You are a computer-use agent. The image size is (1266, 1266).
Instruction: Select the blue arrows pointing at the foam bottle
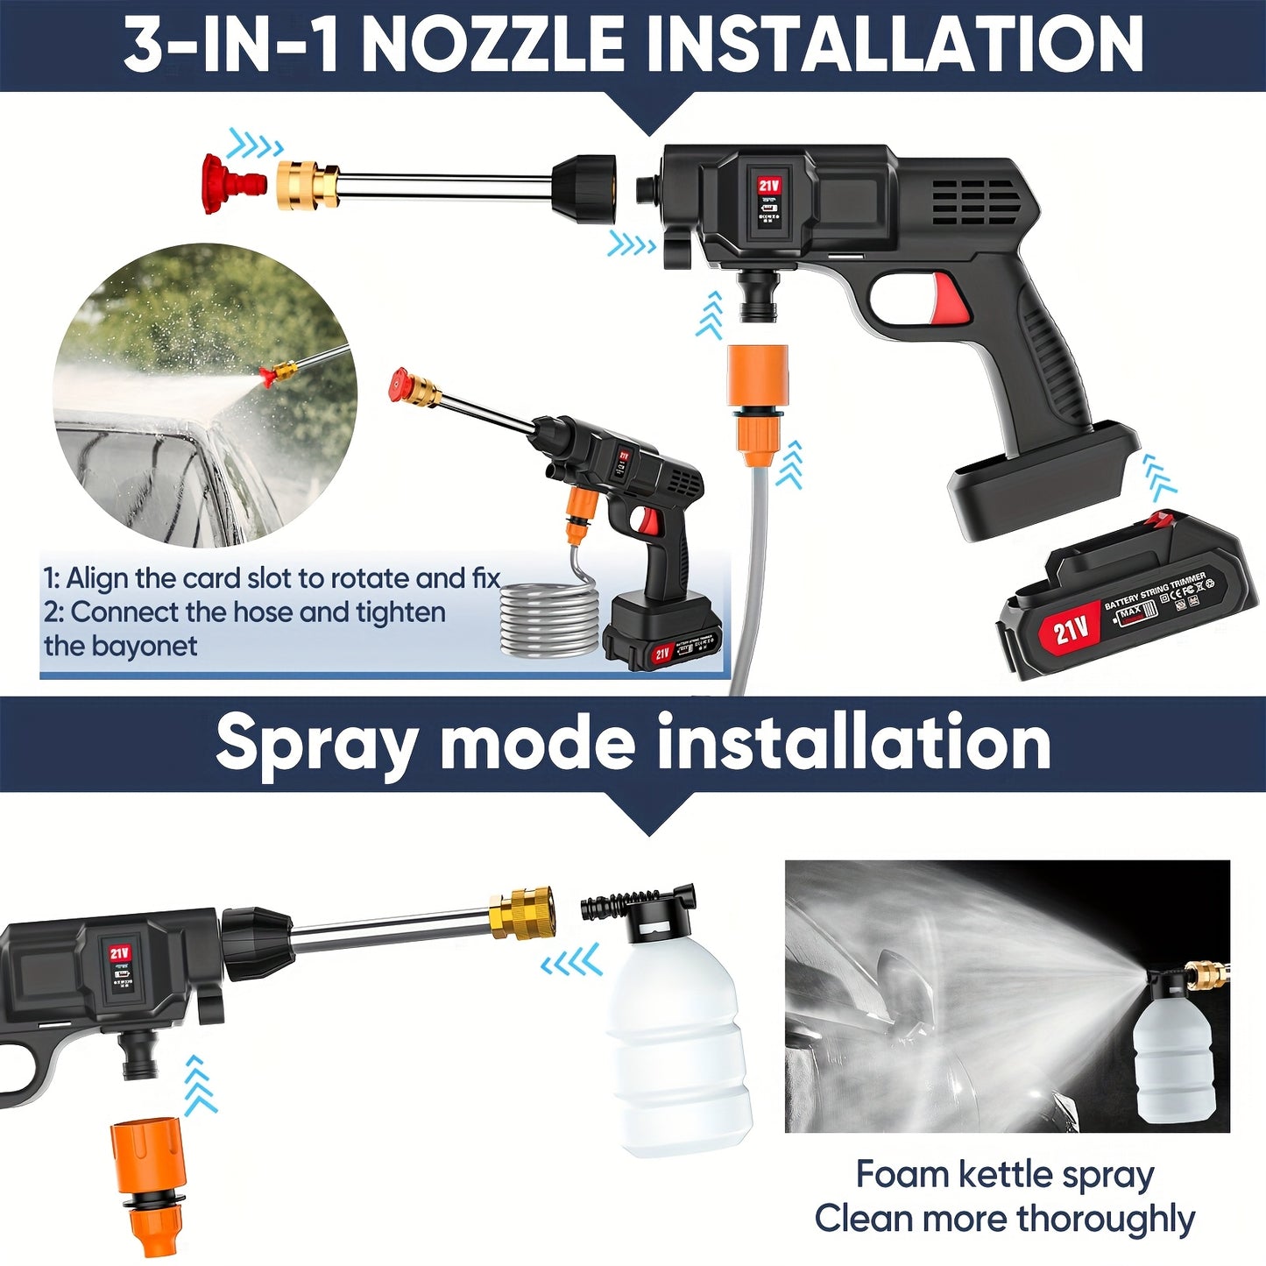pyautogui.click(x=571, y=962)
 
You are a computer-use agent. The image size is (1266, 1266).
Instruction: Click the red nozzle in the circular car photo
pyautogui.click(x=267, y=378)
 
